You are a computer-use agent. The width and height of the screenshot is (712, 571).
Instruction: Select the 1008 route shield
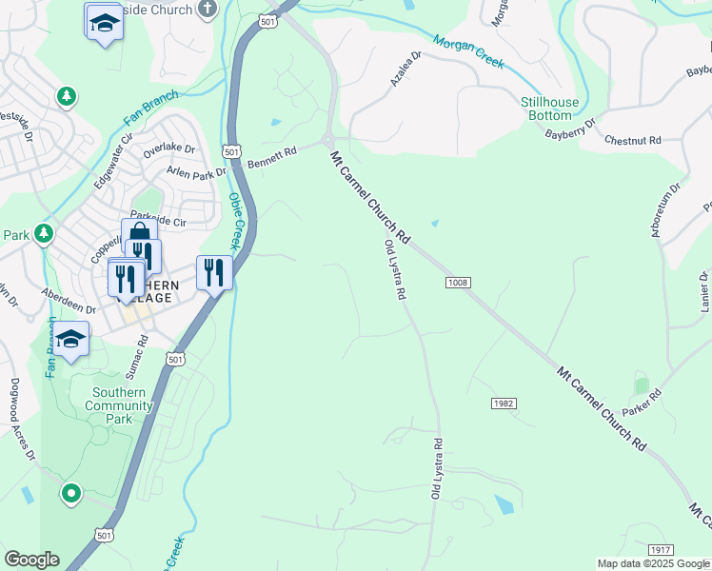[458, 283]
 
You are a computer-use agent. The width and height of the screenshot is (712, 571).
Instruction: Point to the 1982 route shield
[504, 404]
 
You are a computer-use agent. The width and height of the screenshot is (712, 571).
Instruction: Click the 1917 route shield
[661, 551]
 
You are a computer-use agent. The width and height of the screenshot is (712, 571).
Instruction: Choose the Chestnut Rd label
[632, 140]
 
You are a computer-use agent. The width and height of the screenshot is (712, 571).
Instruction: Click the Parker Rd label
[641, 403]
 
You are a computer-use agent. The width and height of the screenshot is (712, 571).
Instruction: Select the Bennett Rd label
[272, 157]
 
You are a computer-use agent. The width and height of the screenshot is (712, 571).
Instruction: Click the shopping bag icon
[137, 234]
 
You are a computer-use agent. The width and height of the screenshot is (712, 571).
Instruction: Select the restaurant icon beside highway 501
[214, 273]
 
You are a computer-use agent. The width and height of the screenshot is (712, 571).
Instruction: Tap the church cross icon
[208, 10]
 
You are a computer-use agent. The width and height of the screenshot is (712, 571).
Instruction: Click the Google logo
[31, 560]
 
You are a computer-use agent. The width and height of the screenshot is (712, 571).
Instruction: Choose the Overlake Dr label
[168, 150]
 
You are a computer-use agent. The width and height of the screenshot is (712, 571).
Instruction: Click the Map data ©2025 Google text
[652, 563]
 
